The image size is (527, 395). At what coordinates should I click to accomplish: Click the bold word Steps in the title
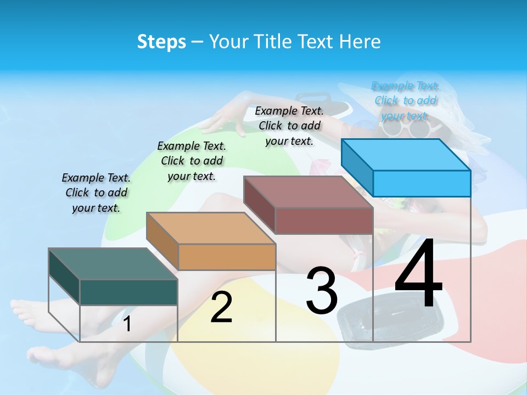161,42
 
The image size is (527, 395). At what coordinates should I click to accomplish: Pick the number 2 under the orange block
221,307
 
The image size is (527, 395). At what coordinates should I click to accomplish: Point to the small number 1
127,324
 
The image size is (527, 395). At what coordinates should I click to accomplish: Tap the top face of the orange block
211,228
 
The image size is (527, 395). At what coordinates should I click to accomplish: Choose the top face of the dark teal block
113,264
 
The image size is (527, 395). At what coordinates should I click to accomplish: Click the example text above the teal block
96,193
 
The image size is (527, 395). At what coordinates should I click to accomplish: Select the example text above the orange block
192,161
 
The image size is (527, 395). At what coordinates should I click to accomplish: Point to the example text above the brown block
289,126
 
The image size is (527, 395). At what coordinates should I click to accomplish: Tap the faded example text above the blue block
406,101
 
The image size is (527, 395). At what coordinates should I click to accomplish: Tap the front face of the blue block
422,183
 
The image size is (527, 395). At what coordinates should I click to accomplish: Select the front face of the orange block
227,257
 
